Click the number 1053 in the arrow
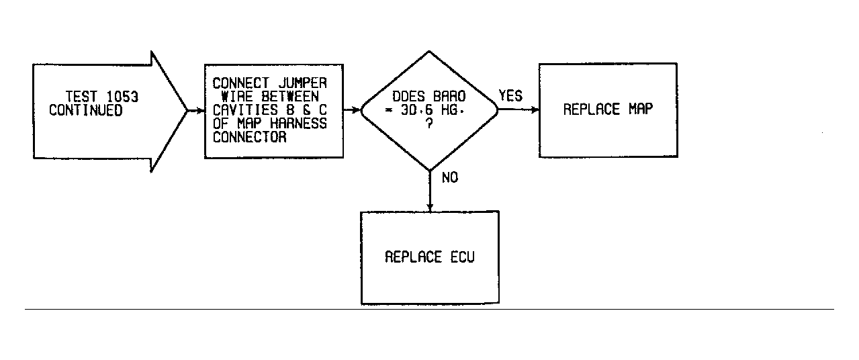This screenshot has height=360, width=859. [122, 97]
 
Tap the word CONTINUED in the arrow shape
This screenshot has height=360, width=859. [86, 110]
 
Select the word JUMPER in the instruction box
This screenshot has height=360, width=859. [303, 83]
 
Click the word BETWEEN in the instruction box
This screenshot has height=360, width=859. [290, 96]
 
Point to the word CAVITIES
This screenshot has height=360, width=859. [245, 110]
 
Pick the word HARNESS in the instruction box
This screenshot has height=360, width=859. [298, 124]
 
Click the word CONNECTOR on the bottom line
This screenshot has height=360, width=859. [250, 137]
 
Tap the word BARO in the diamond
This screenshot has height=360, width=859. [449, 96]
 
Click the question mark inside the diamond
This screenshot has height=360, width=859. [430, 124]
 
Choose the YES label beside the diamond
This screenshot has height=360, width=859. [510, 96]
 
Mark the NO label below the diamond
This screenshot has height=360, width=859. [450, 177]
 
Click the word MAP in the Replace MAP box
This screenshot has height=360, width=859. [641, 109]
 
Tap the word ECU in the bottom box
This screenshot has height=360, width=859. [463, 257]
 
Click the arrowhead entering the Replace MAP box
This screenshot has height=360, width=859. [535, 109]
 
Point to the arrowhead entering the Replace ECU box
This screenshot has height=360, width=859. [430, 208]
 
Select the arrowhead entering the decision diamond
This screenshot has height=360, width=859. [356, 110]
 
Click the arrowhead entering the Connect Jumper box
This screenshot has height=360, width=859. [200, 111]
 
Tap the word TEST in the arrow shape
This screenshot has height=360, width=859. [81, 97]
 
